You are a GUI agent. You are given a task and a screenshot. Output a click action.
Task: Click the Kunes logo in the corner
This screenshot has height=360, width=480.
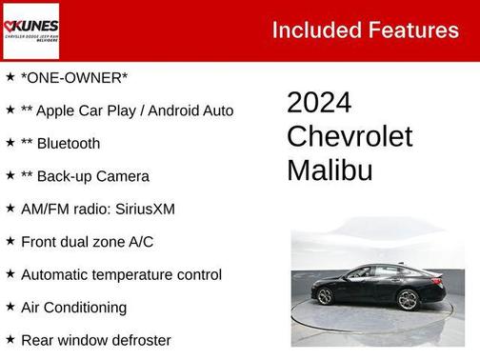(x=32, y=30)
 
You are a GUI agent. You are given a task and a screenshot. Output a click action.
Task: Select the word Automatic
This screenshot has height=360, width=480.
(x=57, y=274)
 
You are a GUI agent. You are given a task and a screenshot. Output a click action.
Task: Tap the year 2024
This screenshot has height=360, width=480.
(x=319, y=103)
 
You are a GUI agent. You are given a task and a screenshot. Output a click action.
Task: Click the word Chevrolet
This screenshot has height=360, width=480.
(x=350, y=136)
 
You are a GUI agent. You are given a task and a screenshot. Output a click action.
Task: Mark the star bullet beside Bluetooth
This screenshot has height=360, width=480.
(x=10, y=142)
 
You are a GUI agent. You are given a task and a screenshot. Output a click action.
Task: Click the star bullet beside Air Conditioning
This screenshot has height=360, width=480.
(x=10, y=306)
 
